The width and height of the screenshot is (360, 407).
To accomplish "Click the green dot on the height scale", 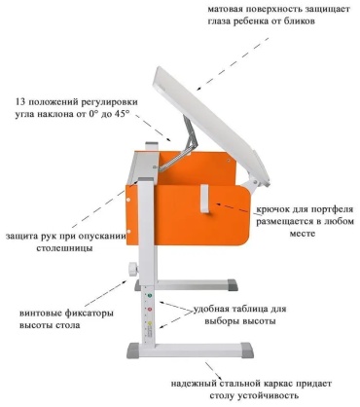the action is (150, 296).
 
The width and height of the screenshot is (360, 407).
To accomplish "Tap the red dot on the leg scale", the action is (150, 310).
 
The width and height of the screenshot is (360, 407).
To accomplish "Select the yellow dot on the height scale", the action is (150, 323).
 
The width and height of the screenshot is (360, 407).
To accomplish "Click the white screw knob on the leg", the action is (132, 269).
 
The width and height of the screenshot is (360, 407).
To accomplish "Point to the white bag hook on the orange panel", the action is (205, 199).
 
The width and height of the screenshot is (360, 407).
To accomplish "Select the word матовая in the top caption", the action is (226, 9).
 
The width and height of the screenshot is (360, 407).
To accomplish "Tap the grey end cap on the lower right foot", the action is (247, 350).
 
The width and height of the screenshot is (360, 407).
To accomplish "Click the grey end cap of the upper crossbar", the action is (233, 284).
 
